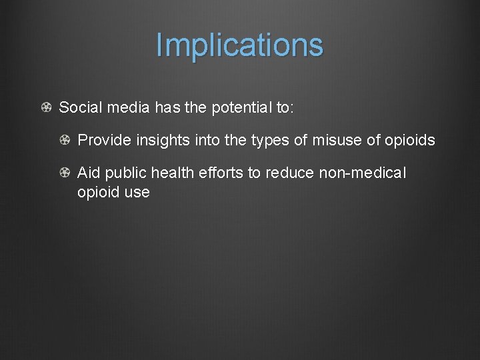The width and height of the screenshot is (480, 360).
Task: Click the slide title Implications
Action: point(239,45)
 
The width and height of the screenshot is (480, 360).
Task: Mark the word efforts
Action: point(223,173)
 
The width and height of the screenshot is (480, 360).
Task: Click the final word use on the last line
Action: point(137,193)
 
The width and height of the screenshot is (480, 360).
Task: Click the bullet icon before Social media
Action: point(46,108)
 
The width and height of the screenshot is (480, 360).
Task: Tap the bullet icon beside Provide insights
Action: point(65,141)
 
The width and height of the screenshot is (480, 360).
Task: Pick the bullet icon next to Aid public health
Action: point(65,173)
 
